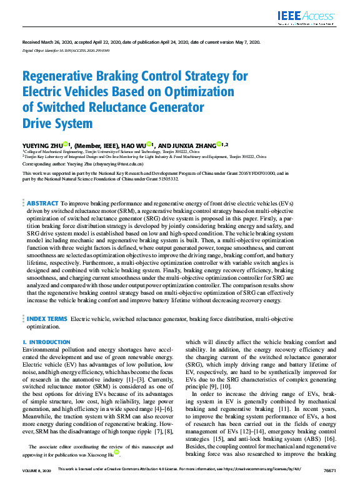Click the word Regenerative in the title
62,77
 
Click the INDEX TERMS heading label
47,319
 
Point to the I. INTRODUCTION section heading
46,342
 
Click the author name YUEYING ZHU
41,144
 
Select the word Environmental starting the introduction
44,350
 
